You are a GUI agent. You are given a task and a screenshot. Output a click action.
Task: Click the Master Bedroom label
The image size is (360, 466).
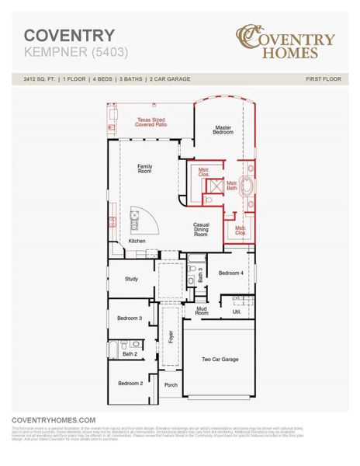point(223,130)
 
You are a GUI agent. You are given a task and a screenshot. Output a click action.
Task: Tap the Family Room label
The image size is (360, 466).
point(145,169)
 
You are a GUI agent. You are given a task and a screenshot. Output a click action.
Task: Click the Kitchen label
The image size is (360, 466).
point(137,242)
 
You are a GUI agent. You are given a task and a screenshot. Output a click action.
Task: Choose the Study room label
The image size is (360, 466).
point(132,278)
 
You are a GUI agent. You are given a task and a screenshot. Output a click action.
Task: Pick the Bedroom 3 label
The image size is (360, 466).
point(130,318)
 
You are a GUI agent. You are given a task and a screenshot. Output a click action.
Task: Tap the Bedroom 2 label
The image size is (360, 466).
point(130,383)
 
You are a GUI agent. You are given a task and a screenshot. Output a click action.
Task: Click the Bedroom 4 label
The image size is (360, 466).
point(231,273)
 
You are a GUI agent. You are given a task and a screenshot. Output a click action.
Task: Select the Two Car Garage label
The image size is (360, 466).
point(220,360)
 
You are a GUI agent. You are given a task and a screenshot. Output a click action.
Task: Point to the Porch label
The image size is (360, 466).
point(171,385)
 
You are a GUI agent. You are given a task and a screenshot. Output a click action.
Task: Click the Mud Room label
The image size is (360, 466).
point(202,311)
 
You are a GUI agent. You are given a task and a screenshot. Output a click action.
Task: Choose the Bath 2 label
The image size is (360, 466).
point(129,354)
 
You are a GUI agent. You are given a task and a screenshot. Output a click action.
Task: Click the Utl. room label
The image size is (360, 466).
point(237,311)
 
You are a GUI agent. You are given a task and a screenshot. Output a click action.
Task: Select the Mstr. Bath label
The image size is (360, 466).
point(232,186)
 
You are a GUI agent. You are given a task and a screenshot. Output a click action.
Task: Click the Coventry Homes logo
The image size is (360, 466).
point(286,43)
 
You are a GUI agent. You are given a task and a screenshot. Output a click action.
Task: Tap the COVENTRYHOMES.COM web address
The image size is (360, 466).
point(54,419)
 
